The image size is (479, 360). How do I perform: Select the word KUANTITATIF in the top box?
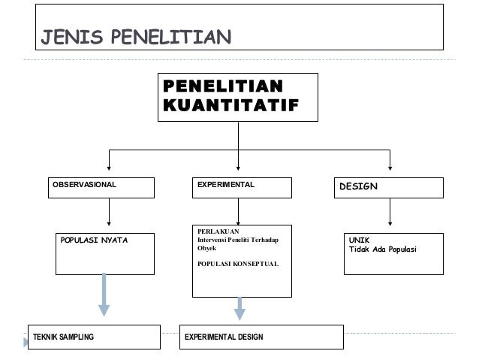[x=228, y=104]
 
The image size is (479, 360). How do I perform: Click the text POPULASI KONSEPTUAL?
[x=236, y=264]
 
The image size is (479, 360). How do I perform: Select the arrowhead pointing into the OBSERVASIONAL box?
[x=110, y=167]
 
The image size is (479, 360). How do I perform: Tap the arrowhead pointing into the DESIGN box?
[x=390, y=167]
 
